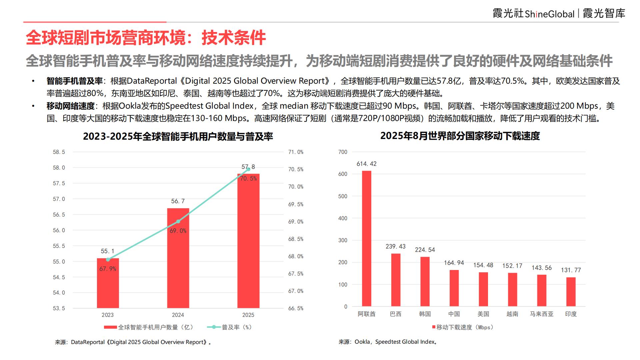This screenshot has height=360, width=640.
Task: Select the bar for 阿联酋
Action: pos(366,238)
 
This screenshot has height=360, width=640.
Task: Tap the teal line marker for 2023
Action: pos(108,259)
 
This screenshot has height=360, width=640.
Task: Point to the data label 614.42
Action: pos(366,164)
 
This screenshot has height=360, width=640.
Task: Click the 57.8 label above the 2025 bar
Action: pos(248,167)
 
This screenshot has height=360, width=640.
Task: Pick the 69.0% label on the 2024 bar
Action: pos(178,231)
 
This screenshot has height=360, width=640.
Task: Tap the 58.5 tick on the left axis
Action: pos(59,152)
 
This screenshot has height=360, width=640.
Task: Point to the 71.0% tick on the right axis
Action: pos(296,152)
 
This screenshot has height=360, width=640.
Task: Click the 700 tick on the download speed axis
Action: pos(343,152)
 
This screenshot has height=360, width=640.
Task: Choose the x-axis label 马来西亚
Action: pos(541,314)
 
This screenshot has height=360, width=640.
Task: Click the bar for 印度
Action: pos(571,292)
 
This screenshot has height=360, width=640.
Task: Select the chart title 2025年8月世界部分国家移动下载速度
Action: pos(460,136)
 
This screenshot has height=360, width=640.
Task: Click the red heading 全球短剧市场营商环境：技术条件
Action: pos(146,38)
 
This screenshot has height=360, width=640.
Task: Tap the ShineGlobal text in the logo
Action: pos(549,14)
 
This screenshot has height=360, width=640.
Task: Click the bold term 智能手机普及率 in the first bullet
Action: pos(74,81)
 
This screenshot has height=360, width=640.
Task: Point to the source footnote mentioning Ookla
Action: pos(388,342)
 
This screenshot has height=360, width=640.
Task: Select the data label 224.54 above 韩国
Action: pos(425,250)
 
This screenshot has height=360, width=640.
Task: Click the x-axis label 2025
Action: pos(248,315)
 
